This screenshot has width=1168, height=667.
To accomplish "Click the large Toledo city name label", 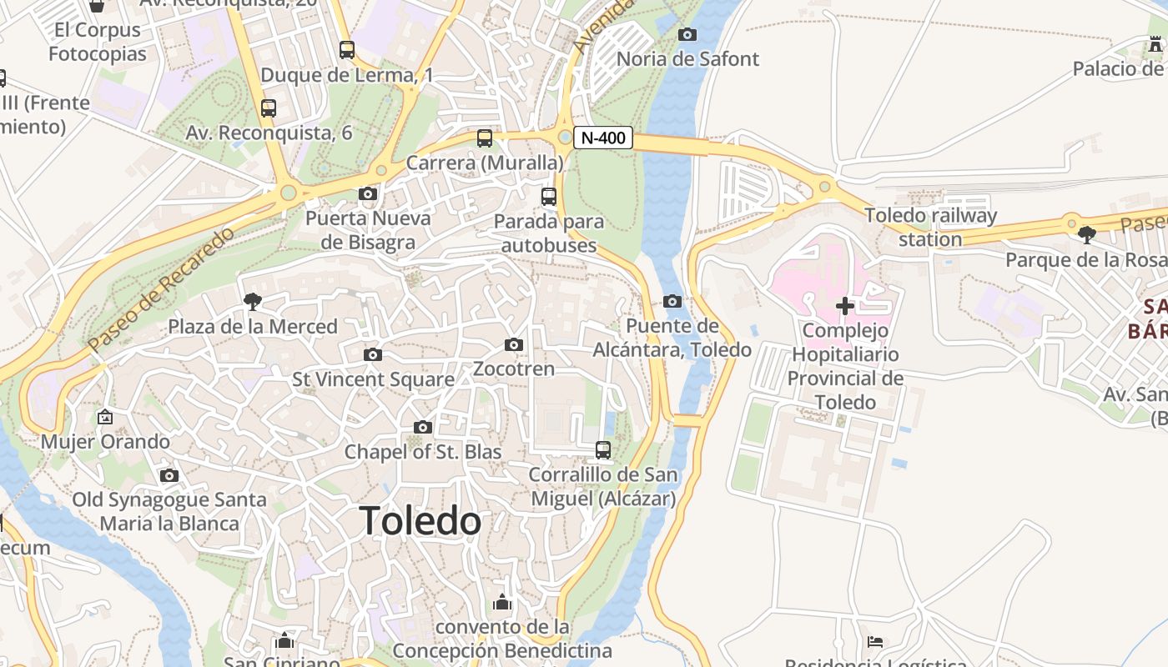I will click(420, 521).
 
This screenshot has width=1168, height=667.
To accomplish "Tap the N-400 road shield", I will click(602, 138).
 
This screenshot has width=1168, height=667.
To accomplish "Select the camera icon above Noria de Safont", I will click(687, 34).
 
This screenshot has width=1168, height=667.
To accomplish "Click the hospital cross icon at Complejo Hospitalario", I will click(845, 306).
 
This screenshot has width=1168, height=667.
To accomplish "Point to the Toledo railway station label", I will click(930, 227).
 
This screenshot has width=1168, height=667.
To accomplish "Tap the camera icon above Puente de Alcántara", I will click(672, 301).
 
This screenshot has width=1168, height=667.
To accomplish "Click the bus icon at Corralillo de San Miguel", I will click(602, 450).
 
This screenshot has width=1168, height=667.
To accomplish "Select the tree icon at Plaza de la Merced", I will click(252, 302).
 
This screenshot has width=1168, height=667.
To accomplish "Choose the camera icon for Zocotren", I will click(514, 344).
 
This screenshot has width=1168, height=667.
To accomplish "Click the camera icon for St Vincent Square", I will click(373, 354).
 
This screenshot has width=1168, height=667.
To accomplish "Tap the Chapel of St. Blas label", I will click(423, 452).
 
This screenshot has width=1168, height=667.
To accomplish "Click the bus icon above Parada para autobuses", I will click(548, 197).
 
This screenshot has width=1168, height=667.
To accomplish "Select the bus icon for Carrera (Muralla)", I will click(484, 138).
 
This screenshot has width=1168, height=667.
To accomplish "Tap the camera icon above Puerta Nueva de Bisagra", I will click(367, 194).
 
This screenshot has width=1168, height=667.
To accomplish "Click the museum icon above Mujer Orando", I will click(105, 417).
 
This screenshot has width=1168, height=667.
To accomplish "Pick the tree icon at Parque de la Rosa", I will click(1086, 235).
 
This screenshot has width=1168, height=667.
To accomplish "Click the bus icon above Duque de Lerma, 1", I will click(346, 50).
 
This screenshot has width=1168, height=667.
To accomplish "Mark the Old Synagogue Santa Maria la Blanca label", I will click(169, 512).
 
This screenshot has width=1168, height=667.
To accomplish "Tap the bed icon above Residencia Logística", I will click(874, 641).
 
